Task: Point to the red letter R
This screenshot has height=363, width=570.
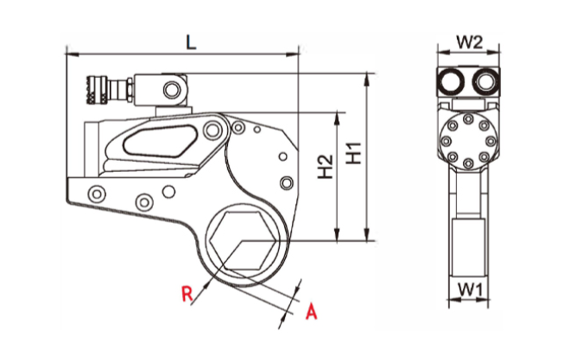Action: (187, 293)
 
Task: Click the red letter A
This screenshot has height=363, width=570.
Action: (313, 309)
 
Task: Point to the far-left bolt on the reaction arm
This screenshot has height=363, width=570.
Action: (97, 191)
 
